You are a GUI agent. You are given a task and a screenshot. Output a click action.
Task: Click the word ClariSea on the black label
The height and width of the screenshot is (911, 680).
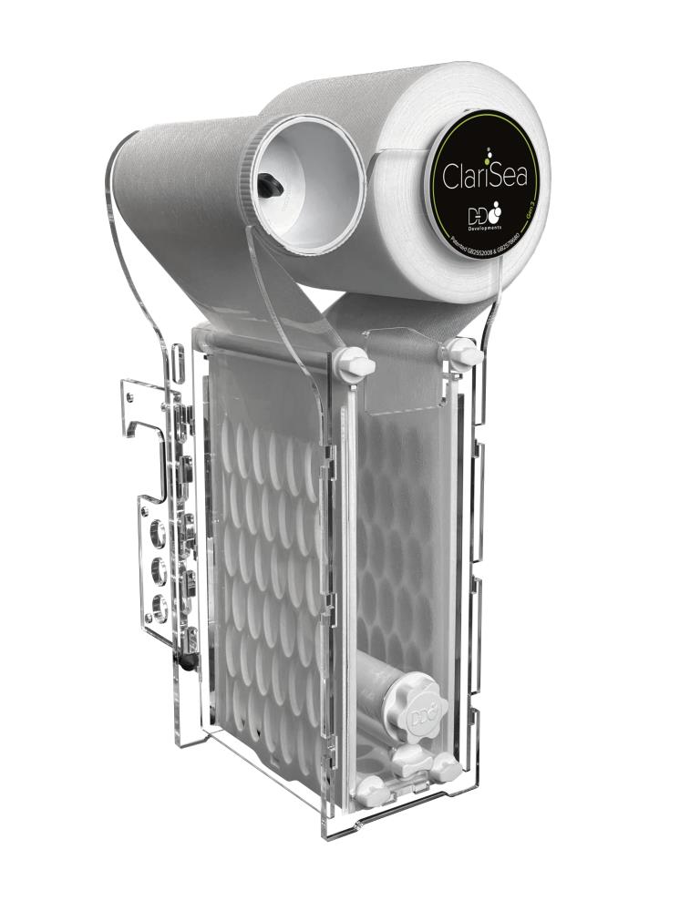(x=485, y=173)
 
